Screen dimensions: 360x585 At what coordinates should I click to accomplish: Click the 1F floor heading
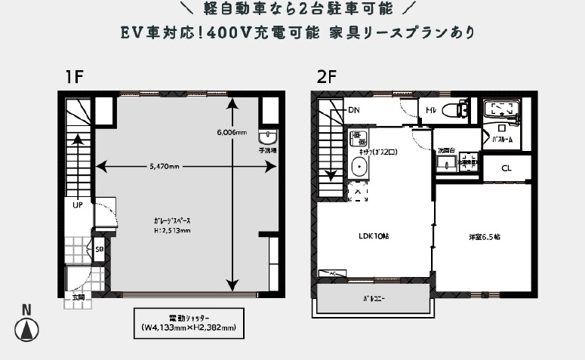pos(73,77)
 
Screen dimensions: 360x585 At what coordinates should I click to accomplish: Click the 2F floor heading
pos(327,77)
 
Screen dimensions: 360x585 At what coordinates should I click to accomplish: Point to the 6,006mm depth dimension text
pos(231,132)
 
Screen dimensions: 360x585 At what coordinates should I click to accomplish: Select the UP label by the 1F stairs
pos(78,205)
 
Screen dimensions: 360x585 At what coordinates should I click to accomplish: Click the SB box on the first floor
pos(100,248)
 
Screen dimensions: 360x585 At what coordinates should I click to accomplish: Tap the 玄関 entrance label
pos(79,297)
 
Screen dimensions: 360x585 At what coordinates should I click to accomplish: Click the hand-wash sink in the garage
pos(268,137)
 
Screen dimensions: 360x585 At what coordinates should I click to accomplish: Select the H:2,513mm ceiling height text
pos(171,231)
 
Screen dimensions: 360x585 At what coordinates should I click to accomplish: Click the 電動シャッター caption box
pos(188,323)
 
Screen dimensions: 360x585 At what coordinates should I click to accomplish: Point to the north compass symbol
pos(26,329)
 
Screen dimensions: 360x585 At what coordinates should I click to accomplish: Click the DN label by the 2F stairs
pos(354,110)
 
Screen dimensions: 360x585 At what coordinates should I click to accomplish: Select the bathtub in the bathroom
pos(501,110)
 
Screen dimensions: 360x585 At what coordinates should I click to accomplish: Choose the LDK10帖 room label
pos(373,235)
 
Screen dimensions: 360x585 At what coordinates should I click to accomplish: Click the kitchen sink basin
pos(359,167)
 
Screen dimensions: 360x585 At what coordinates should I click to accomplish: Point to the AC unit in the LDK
pos(331,273)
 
